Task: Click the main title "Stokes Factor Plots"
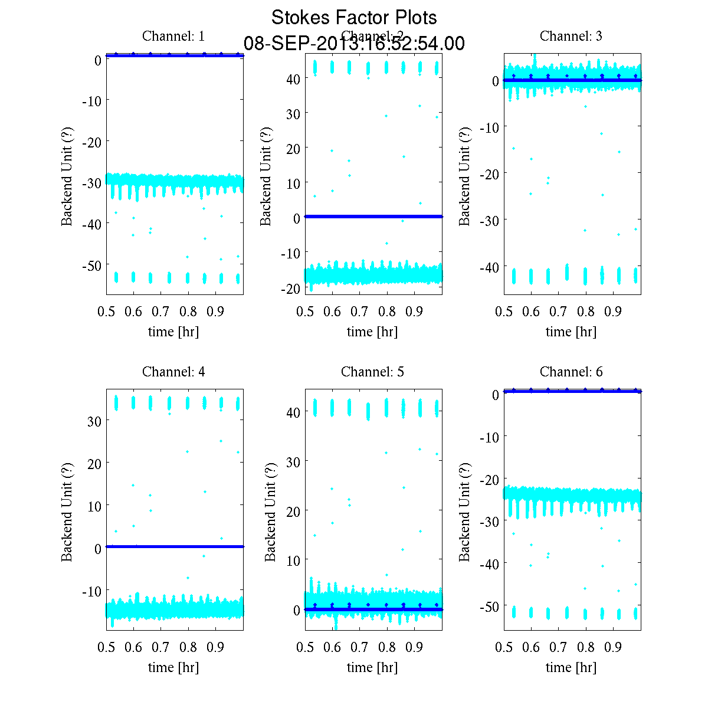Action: coord(354,18)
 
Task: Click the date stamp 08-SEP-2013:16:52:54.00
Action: coord(354,44)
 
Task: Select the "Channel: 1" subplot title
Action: coord(173,36)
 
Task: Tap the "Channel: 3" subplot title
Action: coord(571,36)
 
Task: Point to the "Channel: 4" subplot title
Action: coord(173,372)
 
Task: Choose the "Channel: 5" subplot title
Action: coord(372,372)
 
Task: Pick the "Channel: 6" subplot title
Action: coord(571,372)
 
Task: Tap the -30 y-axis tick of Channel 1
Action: coord(90,183)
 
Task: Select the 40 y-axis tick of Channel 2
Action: coord(293,78)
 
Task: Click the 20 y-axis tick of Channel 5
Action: coord(293,510)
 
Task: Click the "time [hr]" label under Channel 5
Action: coord(372,667)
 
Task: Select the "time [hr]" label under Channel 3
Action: coord(571,332)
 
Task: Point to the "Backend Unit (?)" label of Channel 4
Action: coord(67,512)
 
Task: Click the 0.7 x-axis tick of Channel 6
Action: coord(558,647)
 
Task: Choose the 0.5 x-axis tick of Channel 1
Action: coord(107,312)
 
